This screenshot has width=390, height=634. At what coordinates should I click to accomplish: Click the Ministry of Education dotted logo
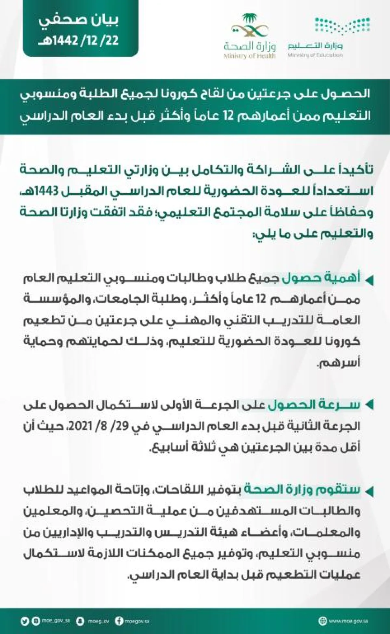pos(343,27)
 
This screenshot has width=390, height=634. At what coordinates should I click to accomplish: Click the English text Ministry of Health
pos(250,56)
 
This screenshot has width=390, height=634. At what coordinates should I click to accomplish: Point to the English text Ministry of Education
pos(315,55)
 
